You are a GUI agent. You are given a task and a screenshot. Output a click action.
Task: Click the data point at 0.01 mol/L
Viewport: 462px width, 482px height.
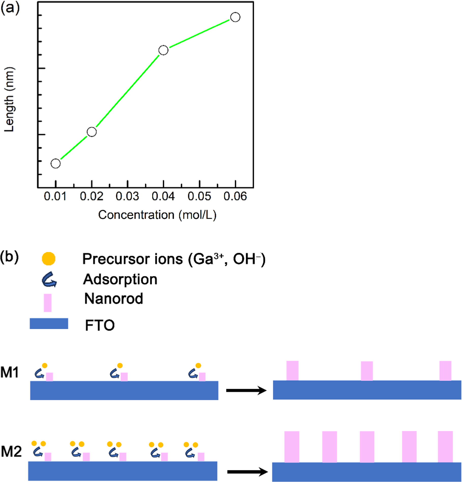55,163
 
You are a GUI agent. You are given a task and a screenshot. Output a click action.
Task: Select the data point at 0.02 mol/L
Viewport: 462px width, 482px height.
92,132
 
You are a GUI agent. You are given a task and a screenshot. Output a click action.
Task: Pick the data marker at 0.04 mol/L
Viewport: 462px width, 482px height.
163,50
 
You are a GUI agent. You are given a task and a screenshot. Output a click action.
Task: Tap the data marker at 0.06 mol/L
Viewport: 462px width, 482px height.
235,17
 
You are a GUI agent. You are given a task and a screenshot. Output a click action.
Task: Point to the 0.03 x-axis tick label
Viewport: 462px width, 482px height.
127,196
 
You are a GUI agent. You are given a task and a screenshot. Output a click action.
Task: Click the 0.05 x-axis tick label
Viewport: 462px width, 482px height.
199,196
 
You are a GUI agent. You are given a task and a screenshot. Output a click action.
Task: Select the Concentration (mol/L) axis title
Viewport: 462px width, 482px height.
157,215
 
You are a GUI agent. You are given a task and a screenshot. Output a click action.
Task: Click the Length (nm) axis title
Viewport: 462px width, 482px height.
9,99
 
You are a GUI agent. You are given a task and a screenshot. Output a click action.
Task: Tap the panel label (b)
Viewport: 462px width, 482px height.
10,257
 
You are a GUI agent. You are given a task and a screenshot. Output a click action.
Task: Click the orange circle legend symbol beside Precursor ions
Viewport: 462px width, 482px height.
49,259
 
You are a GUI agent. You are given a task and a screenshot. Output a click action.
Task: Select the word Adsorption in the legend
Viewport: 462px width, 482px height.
120,279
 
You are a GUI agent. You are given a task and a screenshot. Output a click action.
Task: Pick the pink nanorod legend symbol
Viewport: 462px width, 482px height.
48,303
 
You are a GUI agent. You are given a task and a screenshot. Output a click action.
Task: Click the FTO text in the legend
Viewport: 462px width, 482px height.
100,325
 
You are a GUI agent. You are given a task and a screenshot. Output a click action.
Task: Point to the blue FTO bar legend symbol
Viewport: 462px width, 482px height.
49,323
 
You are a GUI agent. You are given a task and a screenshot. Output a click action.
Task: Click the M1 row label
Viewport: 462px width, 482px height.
10,372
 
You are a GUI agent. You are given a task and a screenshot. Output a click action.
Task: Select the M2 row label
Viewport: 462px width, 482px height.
11,452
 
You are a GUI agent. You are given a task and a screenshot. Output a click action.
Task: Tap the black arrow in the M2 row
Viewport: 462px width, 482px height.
247,472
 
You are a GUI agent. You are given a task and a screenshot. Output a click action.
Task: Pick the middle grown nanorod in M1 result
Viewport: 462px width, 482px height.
367,371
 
